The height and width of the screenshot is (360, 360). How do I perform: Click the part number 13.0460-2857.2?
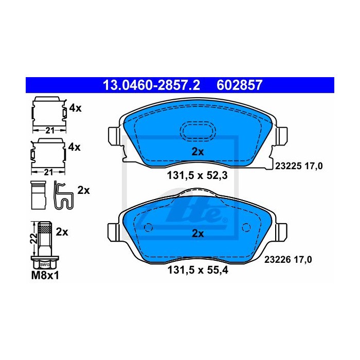point(151,85)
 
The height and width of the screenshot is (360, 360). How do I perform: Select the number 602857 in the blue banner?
point(239,85)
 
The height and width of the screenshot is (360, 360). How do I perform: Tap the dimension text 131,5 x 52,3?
point(197,176)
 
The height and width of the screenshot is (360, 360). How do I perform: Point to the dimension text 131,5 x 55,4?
point(197,270)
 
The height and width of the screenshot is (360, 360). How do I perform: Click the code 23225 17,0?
point(299,166)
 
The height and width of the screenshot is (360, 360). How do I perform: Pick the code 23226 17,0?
point(288,260)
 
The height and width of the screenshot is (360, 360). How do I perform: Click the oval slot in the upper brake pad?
point(198,131)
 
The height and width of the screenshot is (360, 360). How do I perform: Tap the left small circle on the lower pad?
point(148,227)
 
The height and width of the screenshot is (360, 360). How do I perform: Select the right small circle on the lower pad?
point(246,227)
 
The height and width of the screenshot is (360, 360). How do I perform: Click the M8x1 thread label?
point(45,276)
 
